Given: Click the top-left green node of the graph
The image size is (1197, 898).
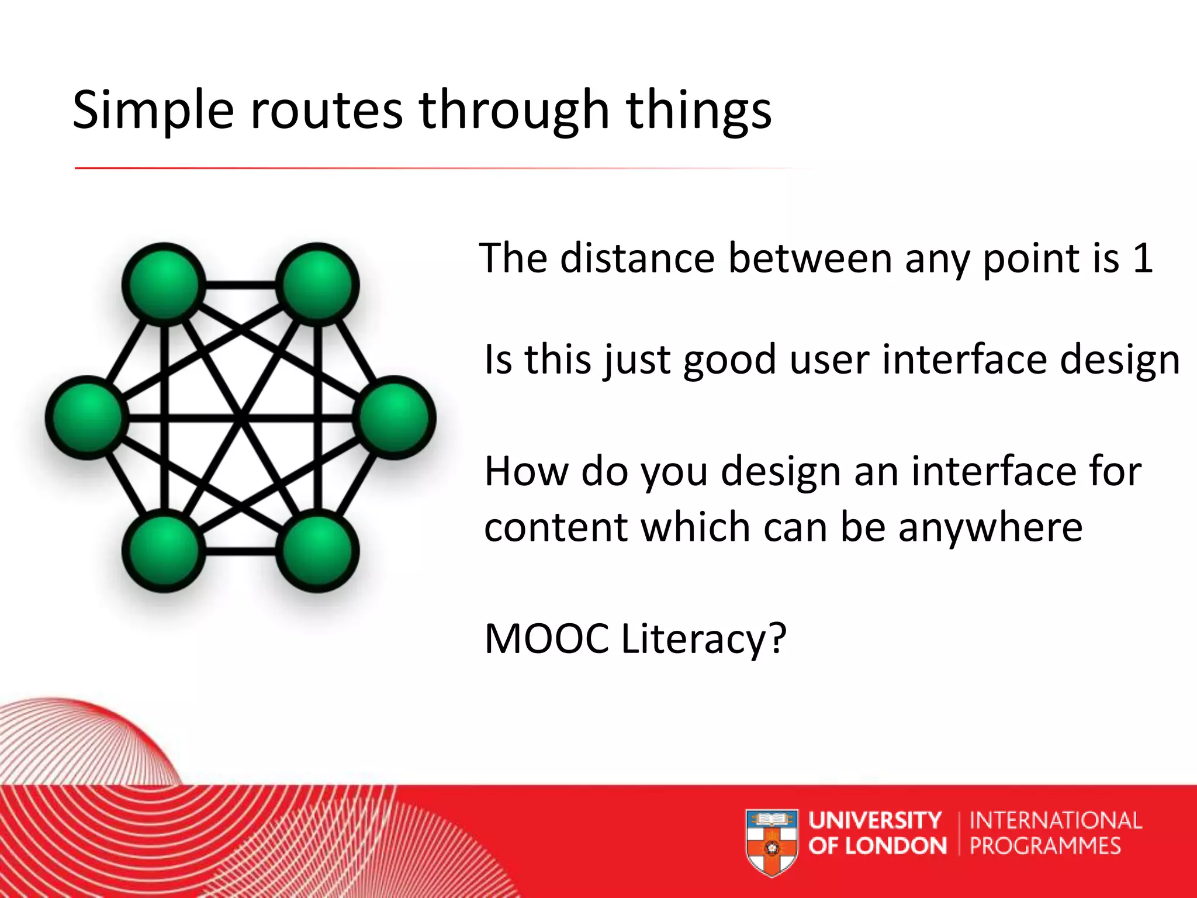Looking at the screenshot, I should click(x=164, y=284).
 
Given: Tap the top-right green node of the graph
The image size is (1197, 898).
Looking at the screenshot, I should click(x=317, y=284).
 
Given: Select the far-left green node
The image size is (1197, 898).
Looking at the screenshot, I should click(x=87, y=417).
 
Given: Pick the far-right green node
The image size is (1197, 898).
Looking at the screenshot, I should click(x=395, y=417).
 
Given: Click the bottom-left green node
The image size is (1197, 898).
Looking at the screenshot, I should click(x=164, y=551).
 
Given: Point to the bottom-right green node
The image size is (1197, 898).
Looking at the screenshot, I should click(x=317, y=551).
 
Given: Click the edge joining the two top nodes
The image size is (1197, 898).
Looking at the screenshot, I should click(x=240, y=285).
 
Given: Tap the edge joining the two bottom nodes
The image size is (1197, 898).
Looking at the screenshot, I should click(x=240, y=551).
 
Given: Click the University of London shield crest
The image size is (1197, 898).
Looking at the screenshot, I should click(x=772, y=842).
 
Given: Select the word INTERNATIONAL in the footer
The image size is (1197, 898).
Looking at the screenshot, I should click(x=1055, y=820).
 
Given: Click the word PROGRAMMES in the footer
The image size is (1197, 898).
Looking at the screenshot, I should click(x=1045, y=846).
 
